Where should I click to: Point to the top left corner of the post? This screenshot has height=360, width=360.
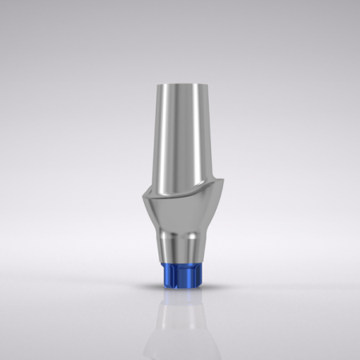[162, 84]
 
